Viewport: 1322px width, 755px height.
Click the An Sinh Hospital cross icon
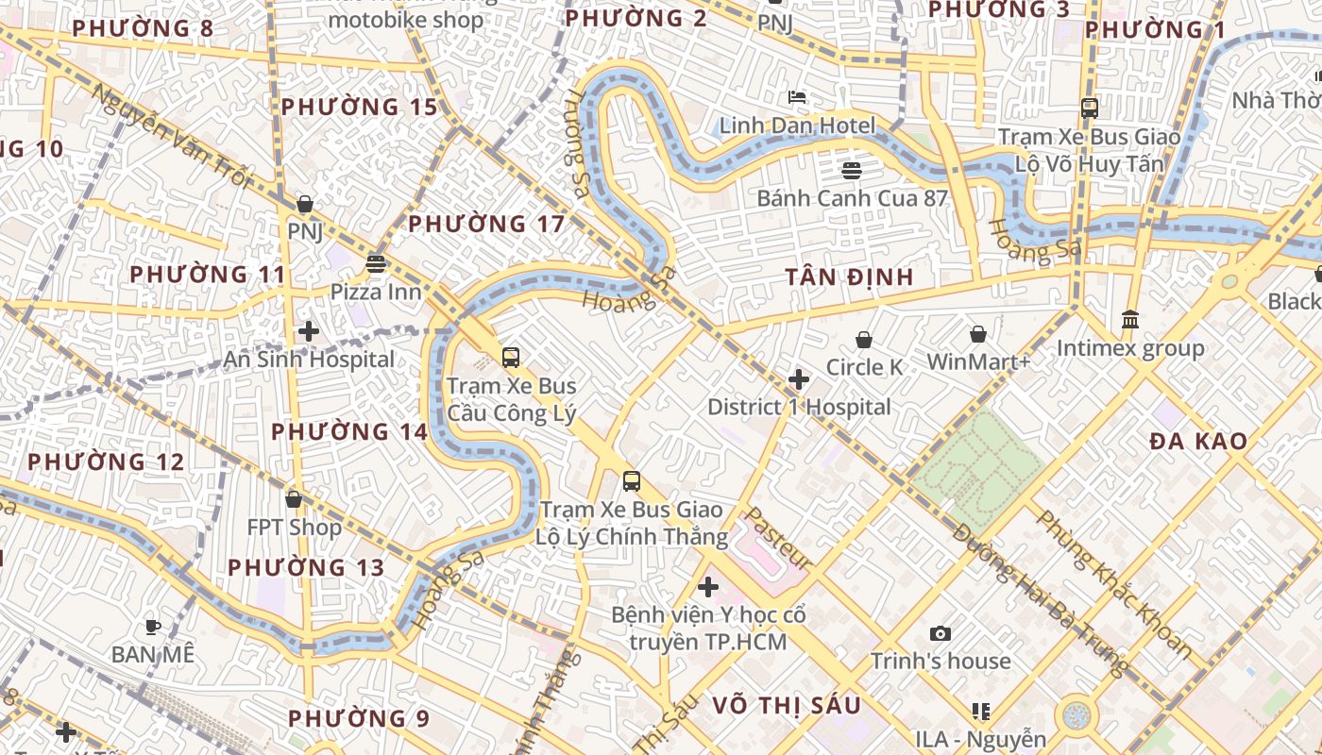coord(308,331)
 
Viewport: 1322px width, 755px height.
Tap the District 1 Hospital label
coord(799,407)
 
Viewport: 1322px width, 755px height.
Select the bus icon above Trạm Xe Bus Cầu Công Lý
coord(511,358)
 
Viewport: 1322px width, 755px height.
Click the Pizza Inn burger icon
coord(376,263)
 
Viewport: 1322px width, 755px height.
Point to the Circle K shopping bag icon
coord(864,340)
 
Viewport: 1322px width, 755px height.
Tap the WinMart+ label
coord(978,361)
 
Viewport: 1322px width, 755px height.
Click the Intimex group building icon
coord(1130,320)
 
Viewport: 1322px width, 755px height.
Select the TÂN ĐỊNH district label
coord(850,277)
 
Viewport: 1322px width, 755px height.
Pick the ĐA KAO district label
coord(1198,441)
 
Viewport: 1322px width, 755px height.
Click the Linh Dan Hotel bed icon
coord(797,97)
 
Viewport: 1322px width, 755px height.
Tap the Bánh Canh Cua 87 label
coord(852,198)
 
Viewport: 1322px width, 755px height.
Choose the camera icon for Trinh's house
coord(940,633)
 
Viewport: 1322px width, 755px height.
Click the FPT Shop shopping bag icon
coord(294,499)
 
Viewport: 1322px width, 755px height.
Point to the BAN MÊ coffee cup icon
coord(152,627)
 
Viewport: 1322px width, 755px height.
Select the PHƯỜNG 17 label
coord(486,224)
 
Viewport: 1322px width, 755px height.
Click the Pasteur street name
coord(779,538)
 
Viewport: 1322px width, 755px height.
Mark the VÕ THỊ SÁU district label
coord(787,705)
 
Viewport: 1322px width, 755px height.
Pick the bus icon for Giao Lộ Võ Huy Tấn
coord(1090,109)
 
